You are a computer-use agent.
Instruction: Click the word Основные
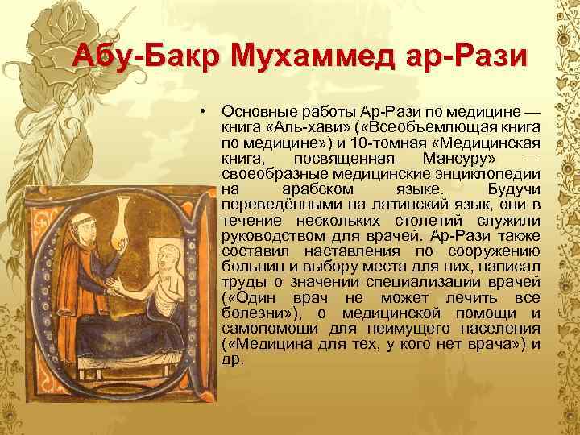256,109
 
